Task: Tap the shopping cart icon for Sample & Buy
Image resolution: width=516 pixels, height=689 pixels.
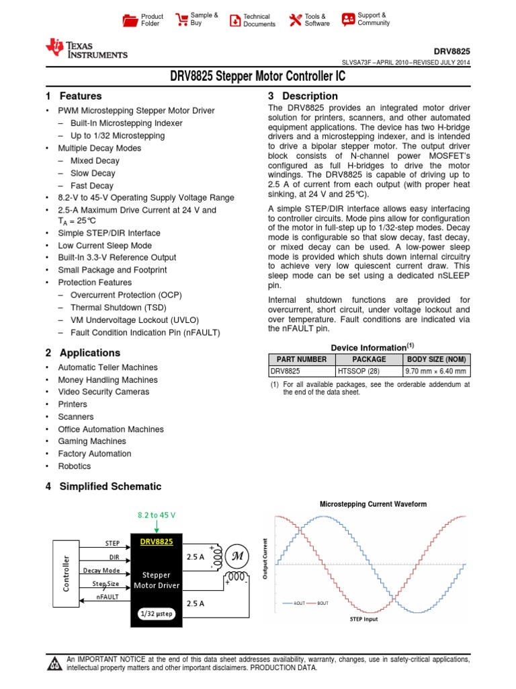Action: tap(181, 20)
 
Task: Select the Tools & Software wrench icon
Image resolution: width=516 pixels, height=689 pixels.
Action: tap(295, 20)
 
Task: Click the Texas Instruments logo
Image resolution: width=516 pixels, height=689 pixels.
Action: tap(86, 48)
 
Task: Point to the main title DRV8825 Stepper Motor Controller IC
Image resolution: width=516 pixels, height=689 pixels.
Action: tap(257, 77)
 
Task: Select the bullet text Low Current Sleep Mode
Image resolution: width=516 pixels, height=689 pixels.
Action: tap(105, 246)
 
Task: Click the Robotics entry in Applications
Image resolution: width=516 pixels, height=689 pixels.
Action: tap(74, 466)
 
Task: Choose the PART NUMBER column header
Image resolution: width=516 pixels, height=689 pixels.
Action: tap(302, 359)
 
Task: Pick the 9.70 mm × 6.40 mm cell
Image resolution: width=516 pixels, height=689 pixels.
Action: tap(436, 371)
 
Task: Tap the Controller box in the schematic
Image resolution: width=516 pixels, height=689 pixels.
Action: tap(66, 573)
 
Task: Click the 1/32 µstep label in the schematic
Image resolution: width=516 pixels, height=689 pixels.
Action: tap(156, 614)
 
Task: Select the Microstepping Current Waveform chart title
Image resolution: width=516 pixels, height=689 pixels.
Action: tap(372, 504)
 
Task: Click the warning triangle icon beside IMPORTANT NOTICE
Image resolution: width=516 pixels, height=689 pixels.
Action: tap(54, 665)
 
